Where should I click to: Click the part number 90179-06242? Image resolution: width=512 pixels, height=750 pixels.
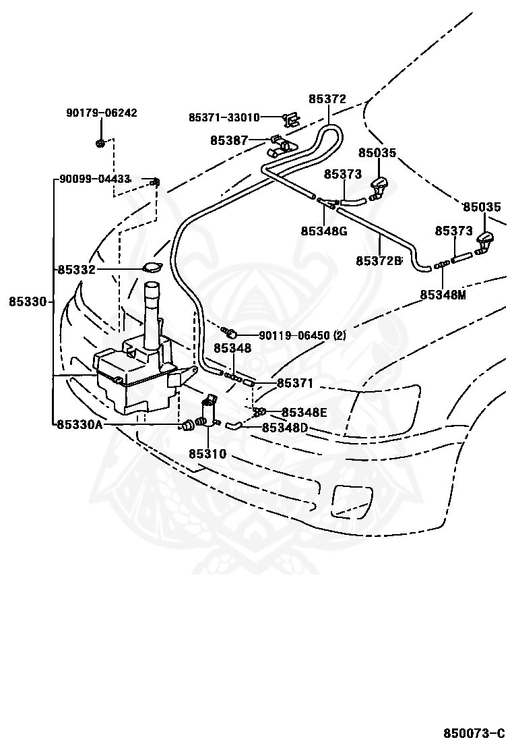(101, 113)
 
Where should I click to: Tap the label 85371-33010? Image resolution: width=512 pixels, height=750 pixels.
(224, 117)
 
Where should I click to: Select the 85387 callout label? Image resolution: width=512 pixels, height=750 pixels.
(229, 140)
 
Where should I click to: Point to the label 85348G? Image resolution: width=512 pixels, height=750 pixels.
(324, 231)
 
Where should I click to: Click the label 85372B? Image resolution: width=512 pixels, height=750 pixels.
(379, 261)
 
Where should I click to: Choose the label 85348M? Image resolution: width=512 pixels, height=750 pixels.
(443, 295)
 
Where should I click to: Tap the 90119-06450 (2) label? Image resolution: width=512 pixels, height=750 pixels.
(302, 336)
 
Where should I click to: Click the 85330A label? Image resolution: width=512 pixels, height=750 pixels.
(79, 424)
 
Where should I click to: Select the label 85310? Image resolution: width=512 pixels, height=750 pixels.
(207, 453)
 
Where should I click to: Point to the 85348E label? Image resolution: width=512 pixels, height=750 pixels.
(305, 412)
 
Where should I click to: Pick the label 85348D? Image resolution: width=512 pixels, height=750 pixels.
(285, 427)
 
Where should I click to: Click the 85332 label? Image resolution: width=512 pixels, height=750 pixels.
(77, 270)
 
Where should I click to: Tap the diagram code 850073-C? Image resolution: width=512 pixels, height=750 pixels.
(474, 733)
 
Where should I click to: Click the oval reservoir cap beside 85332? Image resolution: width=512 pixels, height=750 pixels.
(152, 268)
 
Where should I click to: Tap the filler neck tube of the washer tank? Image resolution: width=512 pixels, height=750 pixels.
(153, 311)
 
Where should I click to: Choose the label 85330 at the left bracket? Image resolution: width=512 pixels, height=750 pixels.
(28, 301)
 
